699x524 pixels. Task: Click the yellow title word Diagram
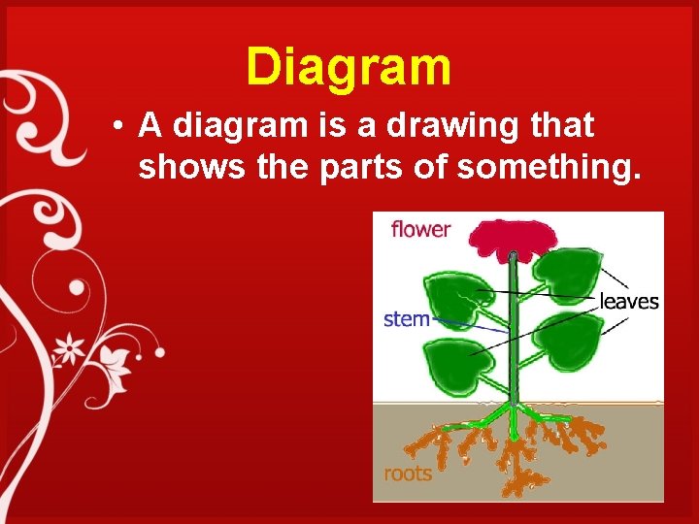click(x=349, y=67)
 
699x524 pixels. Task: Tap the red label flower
click(x=420, y=230)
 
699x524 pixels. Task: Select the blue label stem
click(x=407, y=318)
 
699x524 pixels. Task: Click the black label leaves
click(x=629, y=302)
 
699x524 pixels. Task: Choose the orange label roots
click(x=408, y=475)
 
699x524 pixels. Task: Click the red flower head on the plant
click(x=509, y=239)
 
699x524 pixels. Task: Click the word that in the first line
click(x=562, y=125)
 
